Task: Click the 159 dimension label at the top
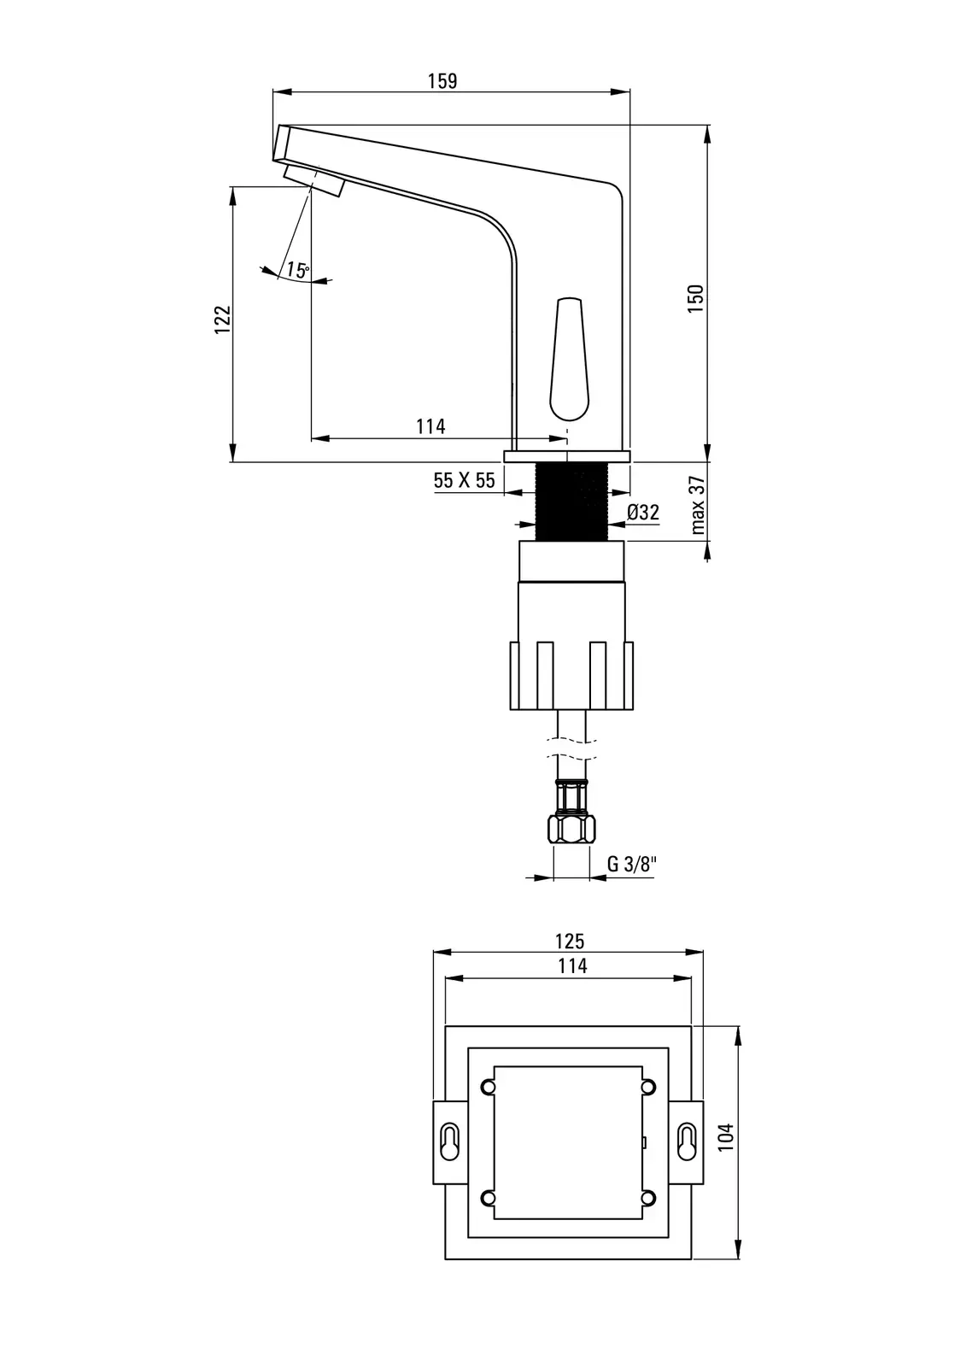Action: [442, 80]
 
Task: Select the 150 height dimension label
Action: [695, 298]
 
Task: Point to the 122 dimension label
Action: [223, 319]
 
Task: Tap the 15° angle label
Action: [298, 270]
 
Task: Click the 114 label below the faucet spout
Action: [430, 426]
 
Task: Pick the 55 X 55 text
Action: [464, 480]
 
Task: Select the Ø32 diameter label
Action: [643, 512]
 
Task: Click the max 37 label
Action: [698, 505]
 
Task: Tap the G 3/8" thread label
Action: [631, 864]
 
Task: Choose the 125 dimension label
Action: [570, 941]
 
